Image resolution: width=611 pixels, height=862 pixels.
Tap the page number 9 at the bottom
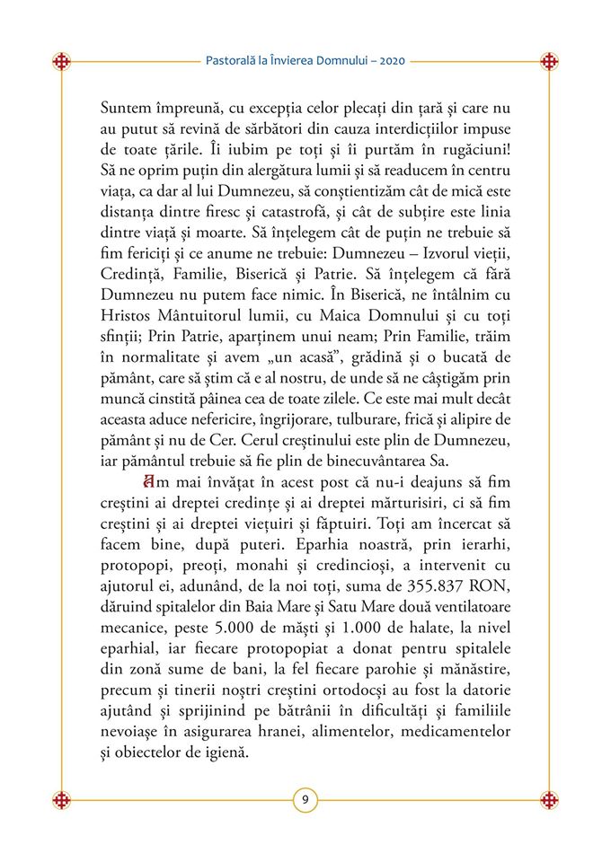click(x=305, y=799)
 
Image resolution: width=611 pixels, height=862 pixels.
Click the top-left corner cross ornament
click(x=61, y=62)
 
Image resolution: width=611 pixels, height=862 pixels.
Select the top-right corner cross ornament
click(x=549, y=62)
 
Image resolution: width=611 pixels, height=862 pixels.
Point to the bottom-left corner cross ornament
click(x=61, y=799)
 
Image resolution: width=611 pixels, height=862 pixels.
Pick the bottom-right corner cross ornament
click(x=549, y=799)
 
